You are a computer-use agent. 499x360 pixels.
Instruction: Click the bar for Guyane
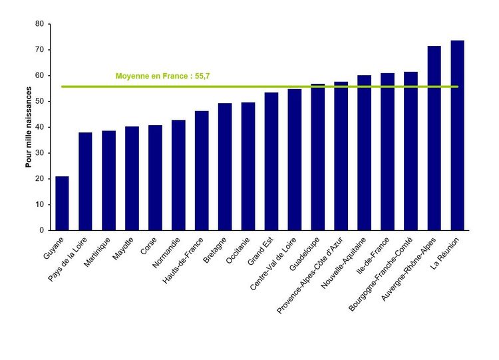tap(62, 203)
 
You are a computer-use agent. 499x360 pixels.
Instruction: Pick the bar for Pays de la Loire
tap(85, 181)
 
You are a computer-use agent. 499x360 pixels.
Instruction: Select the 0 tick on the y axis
tap(41, 230)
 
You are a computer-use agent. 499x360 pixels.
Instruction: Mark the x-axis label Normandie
tap(167, 251)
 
